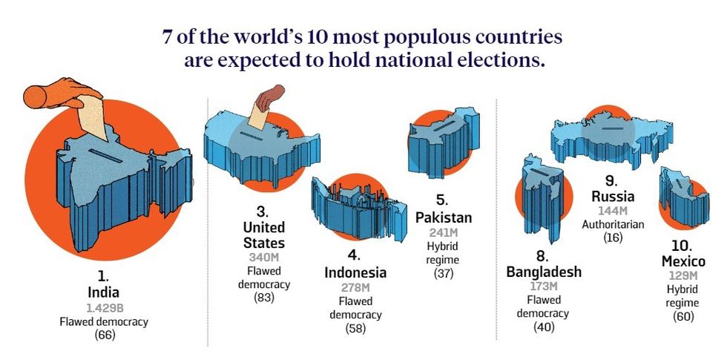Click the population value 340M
coord(263,258)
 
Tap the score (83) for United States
coord(263,298)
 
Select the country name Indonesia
coord(355,272)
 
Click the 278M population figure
coord(355,287)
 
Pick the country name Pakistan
coord(444,217)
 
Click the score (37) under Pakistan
coord(444,273)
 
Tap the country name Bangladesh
coord(544,272)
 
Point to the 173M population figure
coord(544,286)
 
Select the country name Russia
coord(613,197)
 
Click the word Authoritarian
coord(613,224)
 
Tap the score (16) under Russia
coord(613,238)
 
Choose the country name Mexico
coord(683,261)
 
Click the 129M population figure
coord(683,275)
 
